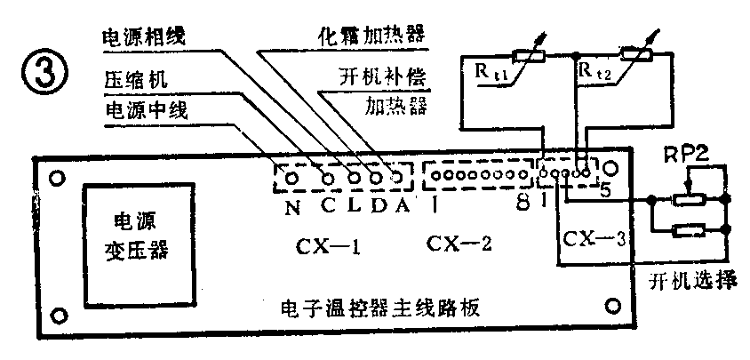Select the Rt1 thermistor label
499,74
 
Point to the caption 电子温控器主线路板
379,312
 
